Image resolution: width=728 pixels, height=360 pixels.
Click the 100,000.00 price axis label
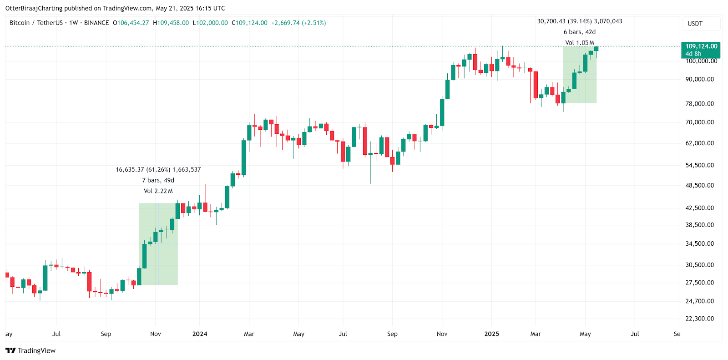(x=701, y=61)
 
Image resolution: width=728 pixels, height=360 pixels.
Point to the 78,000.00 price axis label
(x=700, y=104)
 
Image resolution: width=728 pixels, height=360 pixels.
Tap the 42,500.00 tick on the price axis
(x=700, y=208)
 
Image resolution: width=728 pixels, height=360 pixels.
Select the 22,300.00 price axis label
(x=700, y=319)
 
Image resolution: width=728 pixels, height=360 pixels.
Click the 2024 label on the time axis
(x=200, y=334)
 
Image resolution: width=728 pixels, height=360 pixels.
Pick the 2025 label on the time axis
(x=491, y=334)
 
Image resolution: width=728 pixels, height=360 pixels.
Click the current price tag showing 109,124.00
(x=701, y=46)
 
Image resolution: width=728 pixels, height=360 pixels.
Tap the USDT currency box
(x=695, y=24)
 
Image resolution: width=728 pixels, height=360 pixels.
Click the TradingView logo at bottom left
(x=30, y=350)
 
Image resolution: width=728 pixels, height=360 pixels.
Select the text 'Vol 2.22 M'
(x=158, y=191)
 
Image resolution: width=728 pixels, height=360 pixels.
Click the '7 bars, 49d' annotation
(x=158, y=180)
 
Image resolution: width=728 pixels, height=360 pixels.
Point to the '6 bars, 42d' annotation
(x=580, y=32)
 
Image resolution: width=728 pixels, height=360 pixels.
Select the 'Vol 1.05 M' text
(x=580, y=43)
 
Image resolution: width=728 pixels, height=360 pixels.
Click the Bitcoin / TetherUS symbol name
(x=36, y=23)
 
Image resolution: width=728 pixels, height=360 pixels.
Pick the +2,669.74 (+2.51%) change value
(x=298, y=23)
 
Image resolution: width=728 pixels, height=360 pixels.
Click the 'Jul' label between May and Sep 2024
(x=343, y=334)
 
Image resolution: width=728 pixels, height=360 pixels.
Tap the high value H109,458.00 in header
(x=171, y=23)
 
